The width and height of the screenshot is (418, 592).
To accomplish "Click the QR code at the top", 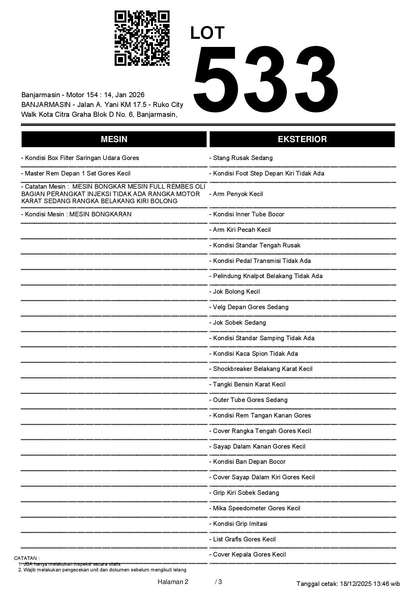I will point(142,38).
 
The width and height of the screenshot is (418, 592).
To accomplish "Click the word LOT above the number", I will point(207,33).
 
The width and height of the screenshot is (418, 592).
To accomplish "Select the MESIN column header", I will point(114,139).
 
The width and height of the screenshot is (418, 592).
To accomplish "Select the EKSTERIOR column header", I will point(302,139).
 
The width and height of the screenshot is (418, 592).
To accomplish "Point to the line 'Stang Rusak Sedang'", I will point(241,158).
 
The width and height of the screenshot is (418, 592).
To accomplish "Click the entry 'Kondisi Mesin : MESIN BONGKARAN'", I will point(76,214).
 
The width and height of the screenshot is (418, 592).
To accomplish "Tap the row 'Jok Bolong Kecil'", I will point(235,292).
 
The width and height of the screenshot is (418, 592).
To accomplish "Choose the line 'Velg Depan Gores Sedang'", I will point(249,307).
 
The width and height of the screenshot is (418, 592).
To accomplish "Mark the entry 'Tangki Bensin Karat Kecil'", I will point(247,384).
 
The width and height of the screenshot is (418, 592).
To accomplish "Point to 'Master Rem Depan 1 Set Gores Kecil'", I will point(76,173).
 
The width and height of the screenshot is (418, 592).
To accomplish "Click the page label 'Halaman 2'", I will point(173,582).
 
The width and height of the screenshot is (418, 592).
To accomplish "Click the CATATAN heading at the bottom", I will point(27,558).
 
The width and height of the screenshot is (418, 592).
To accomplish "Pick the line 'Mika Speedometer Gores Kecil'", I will point(255,508).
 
